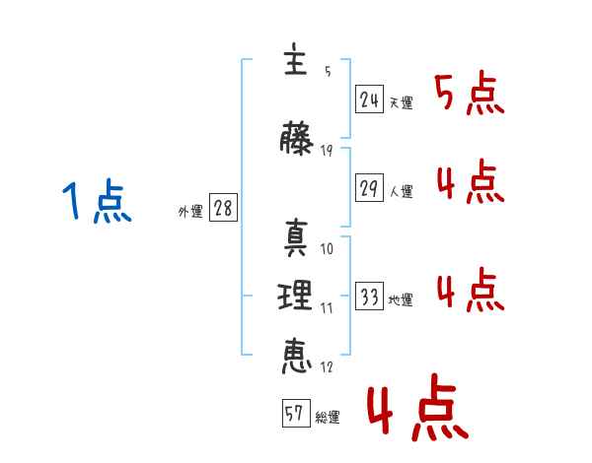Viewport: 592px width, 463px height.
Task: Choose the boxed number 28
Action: click(x=223, y=209)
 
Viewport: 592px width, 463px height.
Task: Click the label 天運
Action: click(x=401, y=103)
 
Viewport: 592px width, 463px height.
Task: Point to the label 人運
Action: click(x=401, y=192)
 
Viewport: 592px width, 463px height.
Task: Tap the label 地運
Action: click(x=401, y=300)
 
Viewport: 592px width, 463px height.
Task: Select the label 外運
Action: click(x=189, y=211)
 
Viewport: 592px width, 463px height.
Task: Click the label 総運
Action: click(x=327, y=418)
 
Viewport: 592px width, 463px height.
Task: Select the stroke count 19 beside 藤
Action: click(x=327, y=150)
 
